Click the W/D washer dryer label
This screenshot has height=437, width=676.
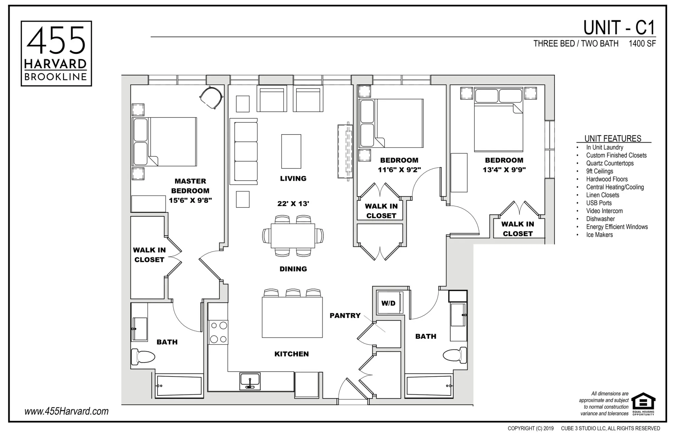[x=388, y=303]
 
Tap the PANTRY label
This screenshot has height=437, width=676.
[x=345, y=316]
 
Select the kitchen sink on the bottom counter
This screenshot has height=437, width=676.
[x=250, y=381]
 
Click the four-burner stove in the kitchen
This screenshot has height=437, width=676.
[x=218, y=332]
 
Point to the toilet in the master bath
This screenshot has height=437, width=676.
[x=143, y=357]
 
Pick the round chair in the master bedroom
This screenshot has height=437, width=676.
[x=211, y=97]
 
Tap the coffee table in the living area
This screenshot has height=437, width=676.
[x=291, y=151]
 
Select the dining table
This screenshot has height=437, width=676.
[x=293, y=236]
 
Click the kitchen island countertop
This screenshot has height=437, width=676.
[x=292, y=317]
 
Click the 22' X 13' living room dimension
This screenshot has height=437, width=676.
[x=293, y=204]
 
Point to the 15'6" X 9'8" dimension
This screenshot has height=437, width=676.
[x=190, y=200]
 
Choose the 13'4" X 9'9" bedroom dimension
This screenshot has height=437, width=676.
[x=504, y=170]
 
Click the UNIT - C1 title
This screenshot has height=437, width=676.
[x=619, y=28]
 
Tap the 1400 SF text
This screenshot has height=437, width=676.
[x=642, y=44]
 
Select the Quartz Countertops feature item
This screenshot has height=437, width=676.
[x=610, y=163]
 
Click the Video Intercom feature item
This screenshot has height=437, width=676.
[x=604, y=211]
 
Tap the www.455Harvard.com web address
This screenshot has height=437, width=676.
[x=66, y=411]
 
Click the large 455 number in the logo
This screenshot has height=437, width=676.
[x=56, y=41]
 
